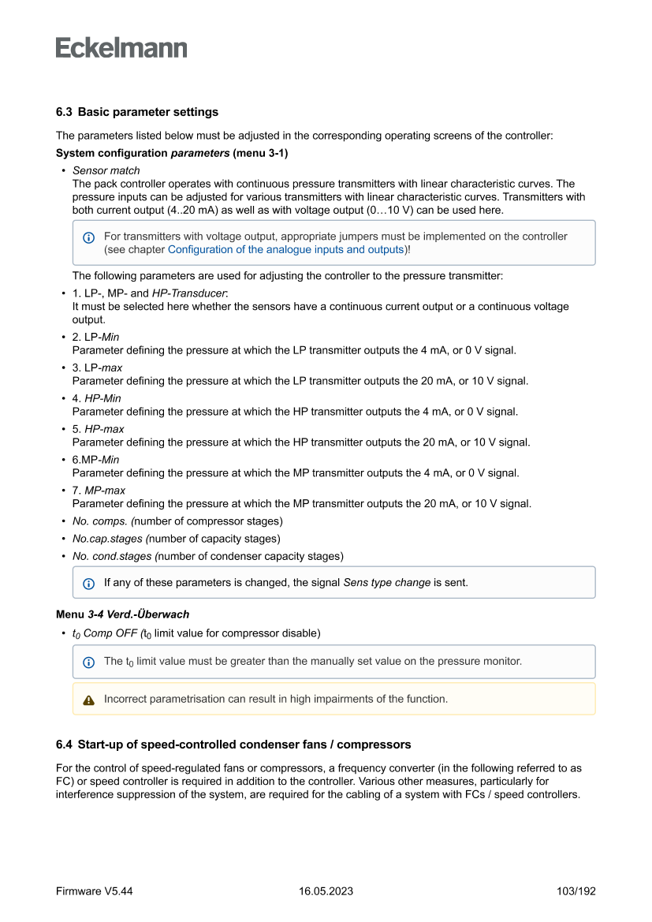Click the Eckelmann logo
click(x=121, y=48)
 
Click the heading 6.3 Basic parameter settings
click(x=137, y=112)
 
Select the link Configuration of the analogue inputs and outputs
click(x=285, y=249)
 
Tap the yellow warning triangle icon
click(x=88, y=700)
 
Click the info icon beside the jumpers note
click(x=88, y=237)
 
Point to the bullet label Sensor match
click(x=106, y=170)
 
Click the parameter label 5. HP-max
click(x=98, y=429)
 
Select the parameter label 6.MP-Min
click(x=96, y=460)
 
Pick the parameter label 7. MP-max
click(x=99, y=491)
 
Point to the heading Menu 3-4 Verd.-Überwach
click(x=122, y=614)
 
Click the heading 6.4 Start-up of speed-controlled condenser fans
click(x=233, y=745)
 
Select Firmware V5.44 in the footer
click(x=94, y=891)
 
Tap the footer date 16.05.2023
click(x=326, y=891)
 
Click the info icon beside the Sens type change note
click(x=88, y=584)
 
